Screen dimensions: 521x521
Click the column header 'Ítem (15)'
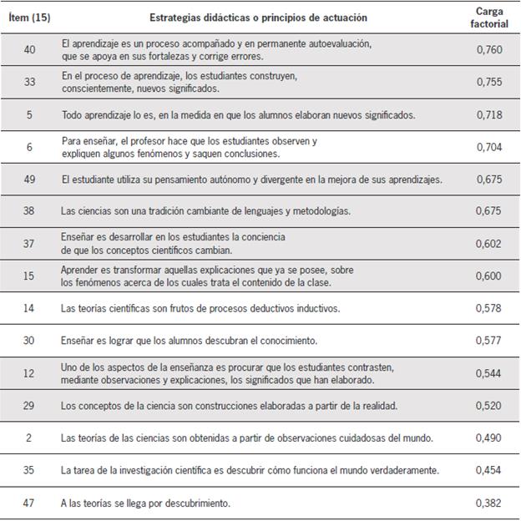29,17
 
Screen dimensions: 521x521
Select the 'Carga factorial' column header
488,18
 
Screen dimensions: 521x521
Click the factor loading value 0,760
488,49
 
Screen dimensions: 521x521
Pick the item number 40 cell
29,49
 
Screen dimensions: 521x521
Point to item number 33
29,82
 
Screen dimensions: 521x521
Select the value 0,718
488,114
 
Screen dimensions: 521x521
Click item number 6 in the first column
29,147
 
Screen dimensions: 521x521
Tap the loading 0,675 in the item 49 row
488,179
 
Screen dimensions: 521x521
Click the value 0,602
488,244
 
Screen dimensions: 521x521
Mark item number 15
29,276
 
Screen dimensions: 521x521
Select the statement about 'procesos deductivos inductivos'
200,308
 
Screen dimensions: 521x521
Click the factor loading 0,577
488,341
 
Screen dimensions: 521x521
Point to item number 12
29,373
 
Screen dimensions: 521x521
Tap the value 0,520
488,406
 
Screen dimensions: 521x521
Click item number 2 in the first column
29,438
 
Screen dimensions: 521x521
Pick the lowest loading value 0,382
488,503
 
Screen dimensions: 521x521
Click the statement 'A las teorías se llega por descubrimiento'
146,503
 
